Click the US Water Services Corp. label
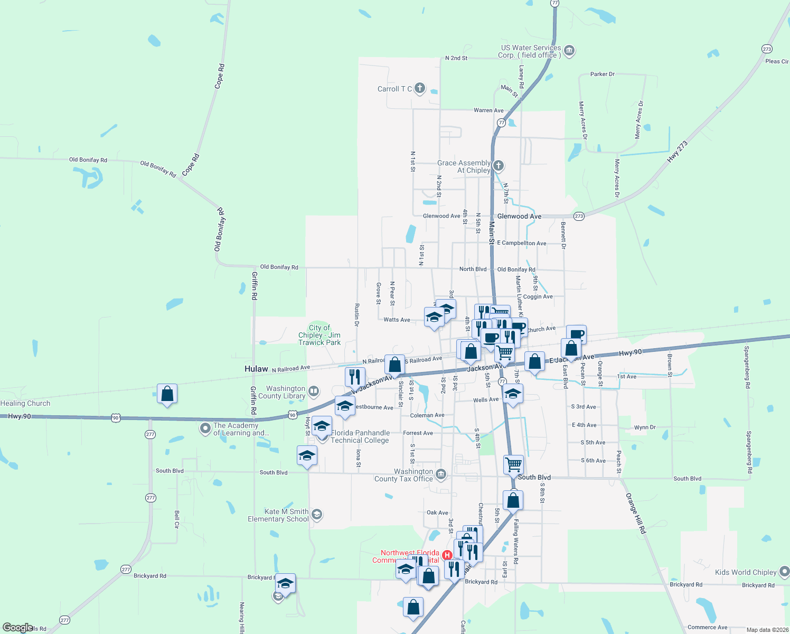tap(530, 51)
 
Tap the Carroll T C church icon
tap(420, 88)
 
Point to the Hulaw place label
tap(256, 369)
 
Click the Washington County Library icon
tap(314, 391)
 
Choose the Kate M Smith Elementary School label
tap(278, 515)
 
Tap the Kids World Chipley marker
tap(784, 572)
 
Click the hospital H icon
tap(447, 555)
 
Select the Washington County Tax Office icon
tap(440, 474)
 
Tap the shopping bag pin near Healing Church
tap(167, 394)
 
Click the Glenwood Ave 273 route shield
tap(579, 216)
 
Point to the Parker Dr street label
tap(602, 74)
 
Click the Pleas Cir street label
tap(776, 61)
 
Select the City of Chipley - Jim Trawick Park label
tap(319, 335)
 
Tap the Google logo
tap(17, 628)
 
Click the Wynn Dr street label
tap(645, 427)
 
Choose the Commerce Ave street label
tap(707, 627)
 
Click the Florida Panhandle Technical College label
tap(360, 436)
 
